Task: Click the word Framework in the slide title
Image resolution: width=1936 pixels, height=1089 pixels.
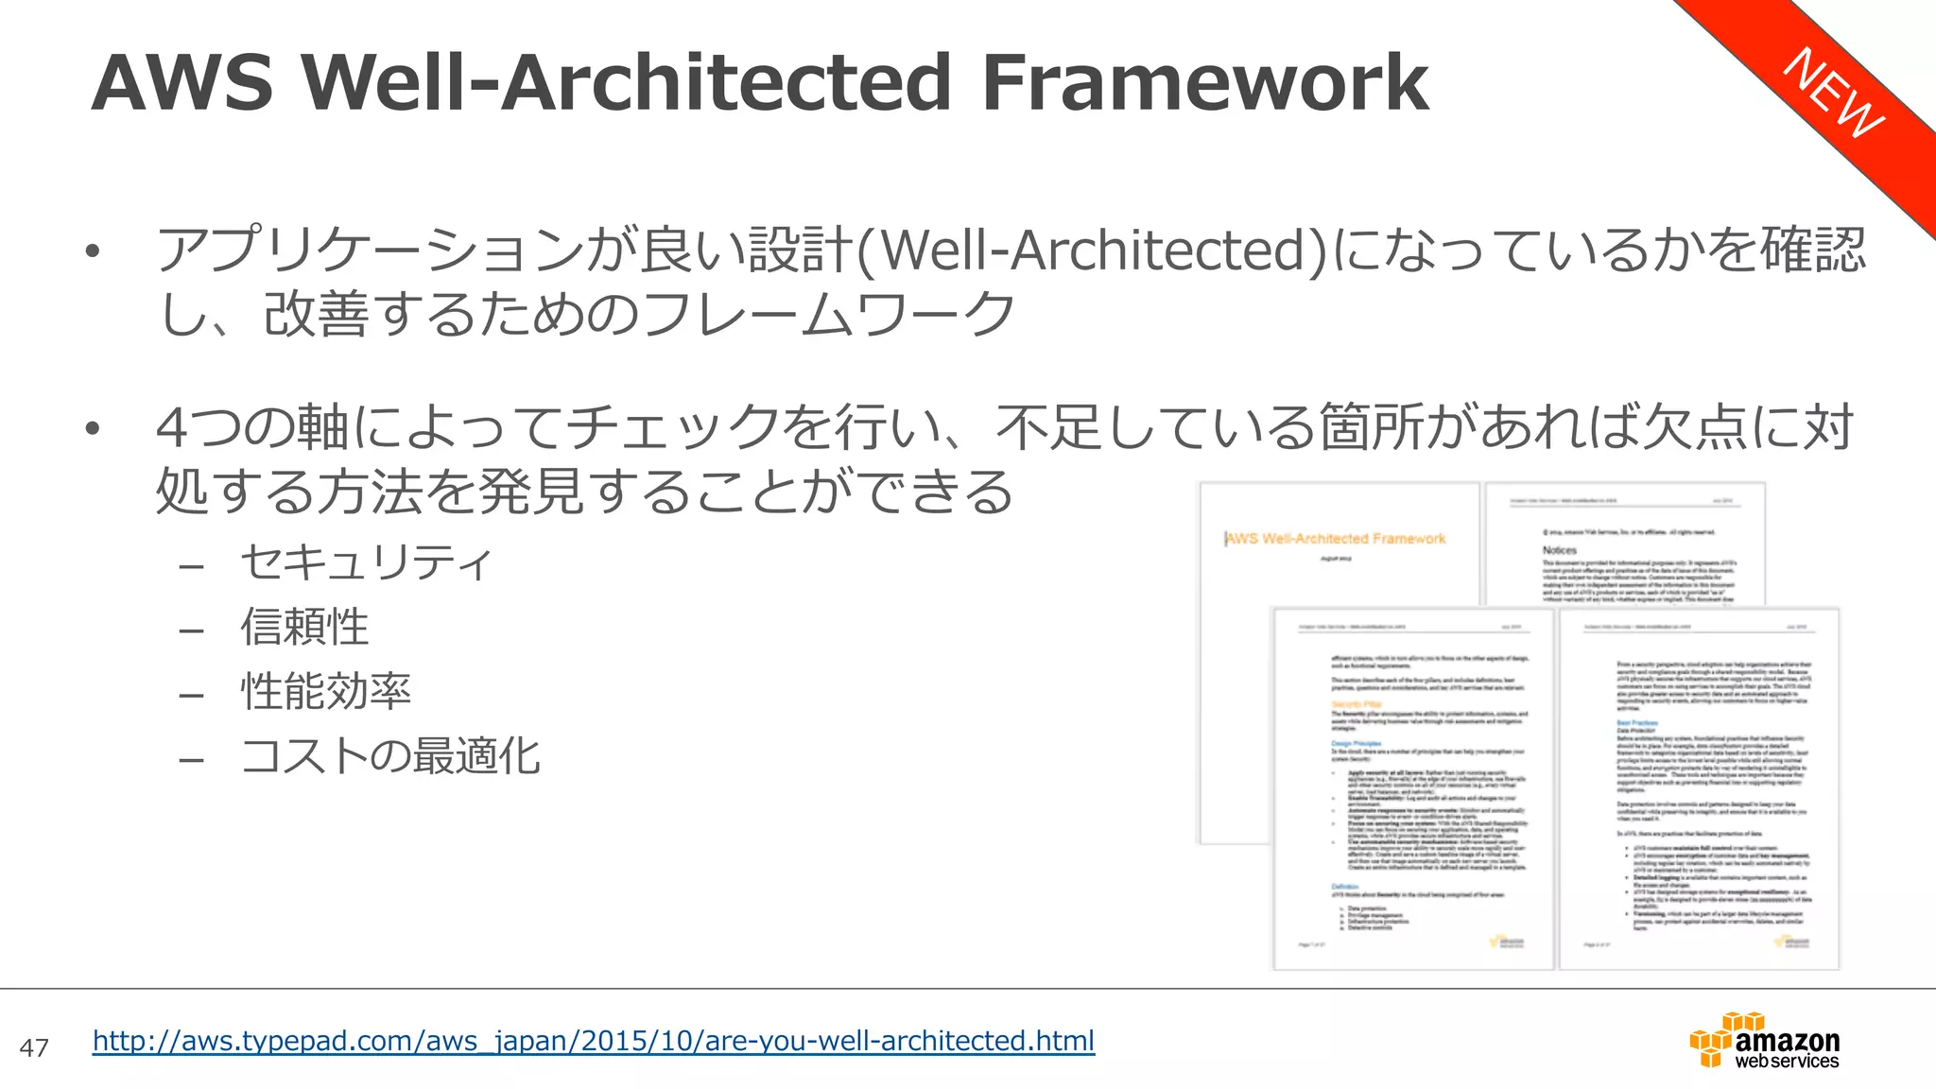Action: (x=1205, y=83)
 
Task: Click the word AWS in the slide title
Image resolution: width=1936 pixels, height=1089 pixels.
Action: (x=182, y=83)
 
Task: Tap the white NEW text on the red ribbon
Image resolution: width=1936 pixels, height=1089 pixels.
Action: (x=1833, y=93)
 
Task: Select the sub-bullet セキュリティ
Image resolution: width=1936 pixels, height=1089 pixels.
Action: (x=367, y=562)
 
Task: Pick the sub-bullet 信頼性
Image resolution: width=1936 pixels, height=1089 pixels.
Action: (x=304, y=627)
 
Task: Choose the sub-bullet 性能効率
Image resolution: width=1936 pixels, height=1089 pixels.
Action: (x=326, y=691)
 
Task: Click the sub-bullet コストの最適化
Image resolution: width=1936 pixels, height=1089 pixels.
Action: (x=390, y=755)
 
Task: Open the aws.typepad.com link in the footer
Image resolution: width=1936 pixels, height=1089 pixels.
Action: (x=594, y=1041)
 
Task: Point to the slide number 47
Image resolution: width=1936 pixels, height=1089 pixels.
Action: (x=34, y=1047)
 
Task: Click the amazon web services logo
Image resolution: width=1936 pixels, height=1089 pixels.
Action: (x=1765, y=1041)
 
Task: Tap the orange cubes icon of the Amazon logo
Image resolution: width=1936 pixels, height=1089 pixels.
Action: (x=1716, y=1040)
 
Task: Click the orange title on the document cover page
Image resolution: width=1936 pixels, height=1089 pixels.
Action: (x=1336, y=539)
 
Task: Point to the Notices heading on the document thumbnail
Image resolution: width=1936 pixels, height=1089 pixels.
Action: (x=1560, y=550)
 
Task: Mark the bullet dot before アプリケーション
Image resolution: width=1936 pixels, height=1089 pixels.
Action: (x=92, y=251)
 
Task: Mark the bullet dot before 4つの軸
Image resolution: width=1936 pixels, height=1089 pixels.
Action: (x=92, y=428)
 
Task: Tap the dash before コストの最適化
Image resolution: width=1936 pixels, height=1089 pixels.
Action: (x=192, y=759)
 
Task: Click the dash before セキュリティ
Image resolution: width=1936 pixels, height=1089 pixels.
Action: (x=192, y=566)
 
